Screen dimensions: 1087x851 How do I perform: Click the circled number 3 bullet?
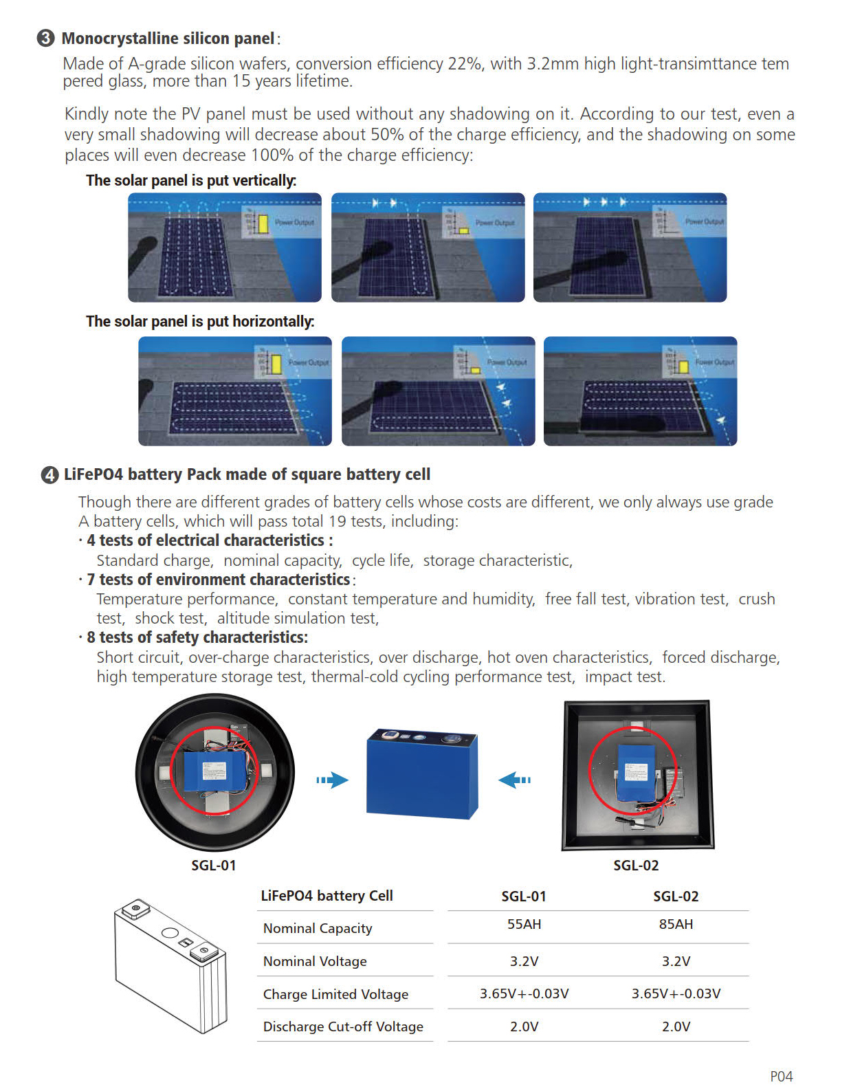45,38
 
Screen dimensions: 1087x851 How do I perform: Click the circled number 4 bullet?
49,475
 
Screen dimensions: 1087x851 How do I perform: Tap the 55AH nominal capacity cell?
524,924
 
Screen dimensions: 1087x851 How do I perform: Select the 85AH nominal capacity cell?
676,924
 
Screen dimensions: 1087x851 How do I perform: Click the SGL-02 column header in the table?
676,896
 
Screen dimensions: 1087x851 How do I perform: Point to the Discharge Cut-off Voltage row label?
343,1026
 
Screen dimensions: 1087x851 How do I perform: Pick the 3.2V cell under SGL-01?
524,961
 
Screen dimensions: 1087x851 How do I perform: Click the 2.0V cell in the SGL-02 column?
676,1026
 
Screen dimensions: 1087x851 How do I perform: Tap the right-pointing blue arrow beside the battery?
333,780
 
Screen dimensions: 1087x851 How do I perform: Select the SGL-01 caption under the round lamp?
213,866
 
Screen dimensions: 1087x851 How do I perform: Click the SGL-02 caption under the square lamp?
636,866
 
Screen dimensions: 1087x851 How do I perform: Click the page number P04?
781,1077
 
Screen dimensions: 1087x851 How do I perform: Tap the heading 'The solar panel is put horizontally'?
200,322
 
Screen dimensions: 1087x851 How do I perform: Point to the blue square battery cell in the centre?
421,773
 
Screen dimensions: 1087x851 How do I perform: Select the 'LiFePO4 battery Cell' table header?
327,896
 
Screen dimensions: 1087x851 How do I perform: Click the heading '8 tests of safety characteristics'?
197,637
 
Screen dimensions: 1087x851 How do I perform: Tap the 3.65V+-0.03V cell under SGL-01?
524,993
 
